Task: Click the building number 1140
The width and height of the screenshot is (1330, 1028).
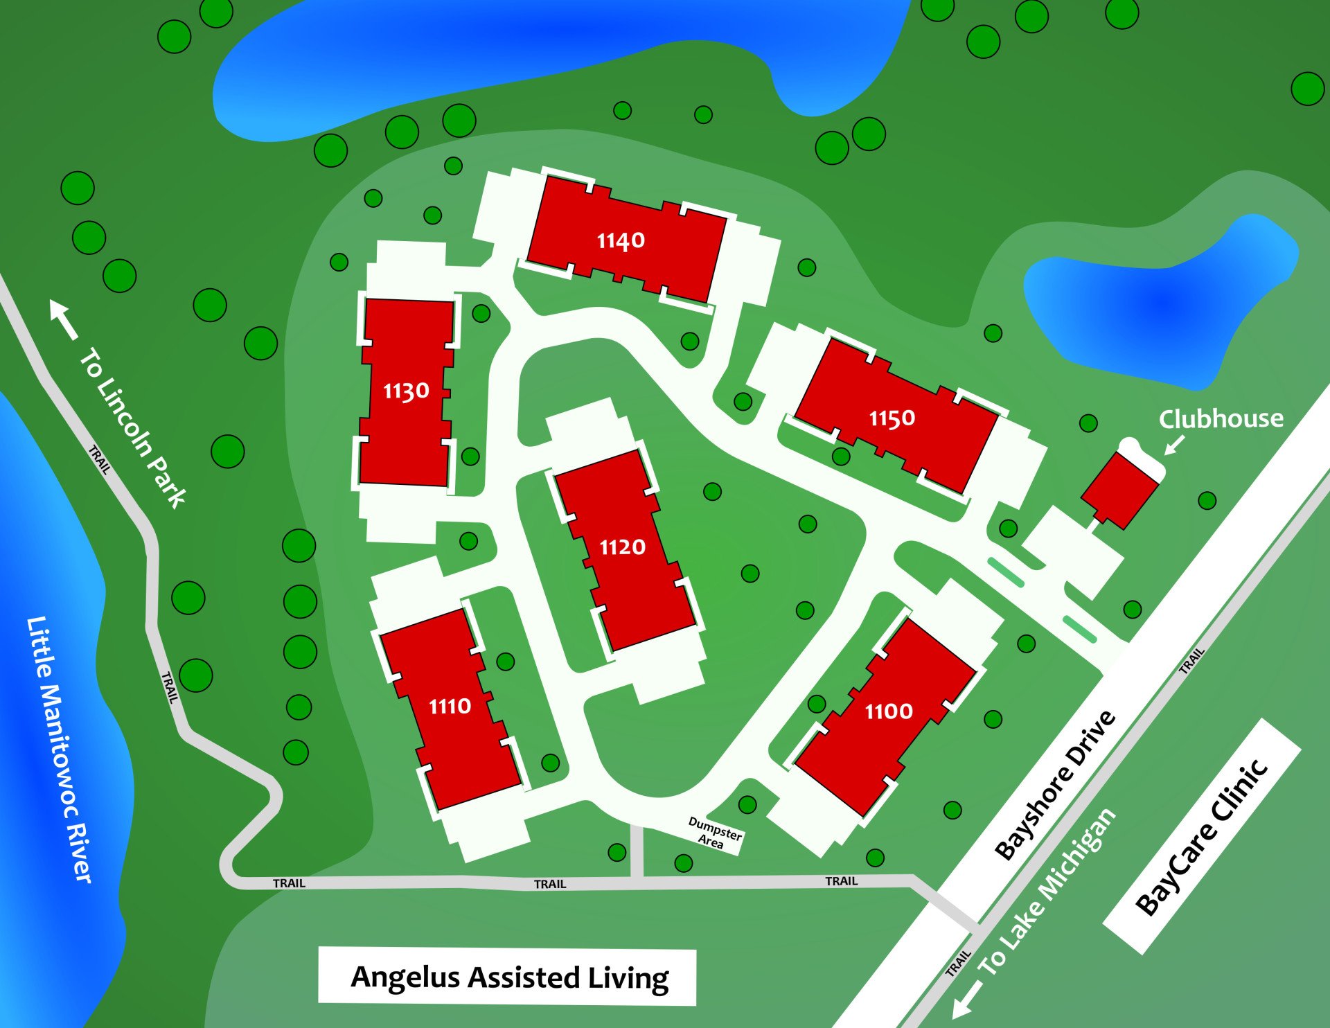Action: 621,240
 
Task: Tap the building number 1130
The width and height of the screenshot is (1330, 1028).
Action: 406,391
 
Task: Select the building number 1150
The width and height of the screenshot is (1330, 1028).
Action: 892,418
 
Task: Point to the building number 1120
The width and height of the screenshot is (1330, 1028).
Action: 622,547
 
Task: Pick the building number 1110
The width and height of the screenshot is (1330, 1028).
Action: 450,707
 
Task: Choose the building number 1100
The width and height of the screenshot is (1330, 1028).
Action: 889,711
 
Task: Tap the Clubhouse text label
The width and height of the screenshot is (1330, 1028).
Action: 1221,419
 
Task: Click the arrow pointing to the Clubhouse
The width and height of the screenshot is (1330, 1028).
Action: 1173,445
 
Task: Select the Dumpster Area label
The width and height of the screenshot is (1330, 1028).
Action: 713,833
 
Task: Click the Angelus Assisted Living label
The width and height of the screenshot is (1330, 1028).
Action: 509,977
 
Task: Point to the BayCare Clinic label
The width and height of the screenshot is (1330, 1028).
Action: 1202,837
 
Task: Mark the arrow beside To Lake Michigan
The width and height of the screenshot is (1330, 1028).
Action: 967,1002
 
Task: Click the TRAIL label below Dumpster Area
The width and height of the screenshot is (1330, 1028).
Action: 841,881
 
